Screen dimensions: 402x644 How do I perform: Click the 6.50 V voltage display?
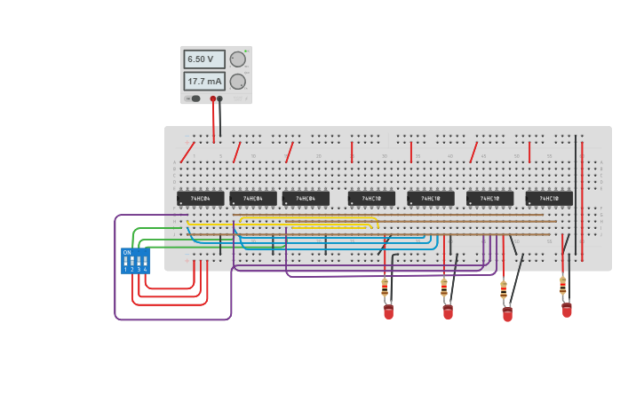pyautogui.click(x=203, y=59)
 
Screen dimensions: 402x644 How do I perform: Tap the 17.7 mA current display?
pyautogui.click(x=203, y=81)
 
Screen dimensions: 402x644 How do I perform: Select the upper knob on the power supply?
pyautogui.click(x=237, y=59)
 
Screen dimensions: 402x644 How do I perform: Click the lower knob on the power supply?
pyautogui.click(x=237, y=82)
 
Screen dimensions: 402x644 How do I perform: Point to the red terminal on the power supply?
pyautogui.click(x=213, y=99)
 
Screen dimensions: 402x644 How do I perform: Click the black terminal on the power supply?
pyautogui.click(x=220, y=99)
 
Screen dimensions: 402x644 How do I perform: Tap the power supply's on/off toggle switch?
pyautogui.click(x=195, y=99)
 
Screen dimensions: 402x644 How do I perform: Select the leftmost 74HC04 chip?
pyautogui.click(x=200, y=199)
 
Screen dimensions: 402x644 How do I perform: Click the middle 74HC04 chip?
pyautogui.click(x=253, y=199)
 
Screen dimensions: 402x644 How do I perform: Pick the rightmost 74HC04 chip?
pyautogui.click(x=306, y=199)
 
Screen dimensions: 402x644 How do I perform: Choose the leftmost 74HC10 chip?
pyautogui.click(x=371, y=199)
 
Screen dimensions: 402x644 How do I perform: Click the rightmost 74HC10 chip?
pyautogui.click(x=548, y=199)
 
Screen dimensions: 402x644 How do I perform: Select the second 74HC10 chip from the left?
pyautogui.click(x=431, y=199)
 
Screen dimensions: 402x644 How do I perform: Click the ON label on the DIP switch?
pyautogui.click(x=127, y=253)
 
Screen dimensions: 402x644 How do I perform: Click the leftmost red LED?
pyautogui.click(x=388, y=311)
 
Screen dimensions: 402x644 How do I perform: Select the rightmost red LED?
pyautogui.click(x=567, y=310)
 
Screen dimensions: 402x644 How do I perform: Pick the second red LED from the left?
pyautogui.click(x=448, y=311)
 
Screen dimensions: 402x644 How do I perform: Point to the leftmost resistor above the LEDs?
pyautogui.click(x=385, y=288)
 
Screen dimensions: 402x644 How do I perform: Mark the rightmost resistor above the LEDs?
pyautogui.click(x=562, y=286)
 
